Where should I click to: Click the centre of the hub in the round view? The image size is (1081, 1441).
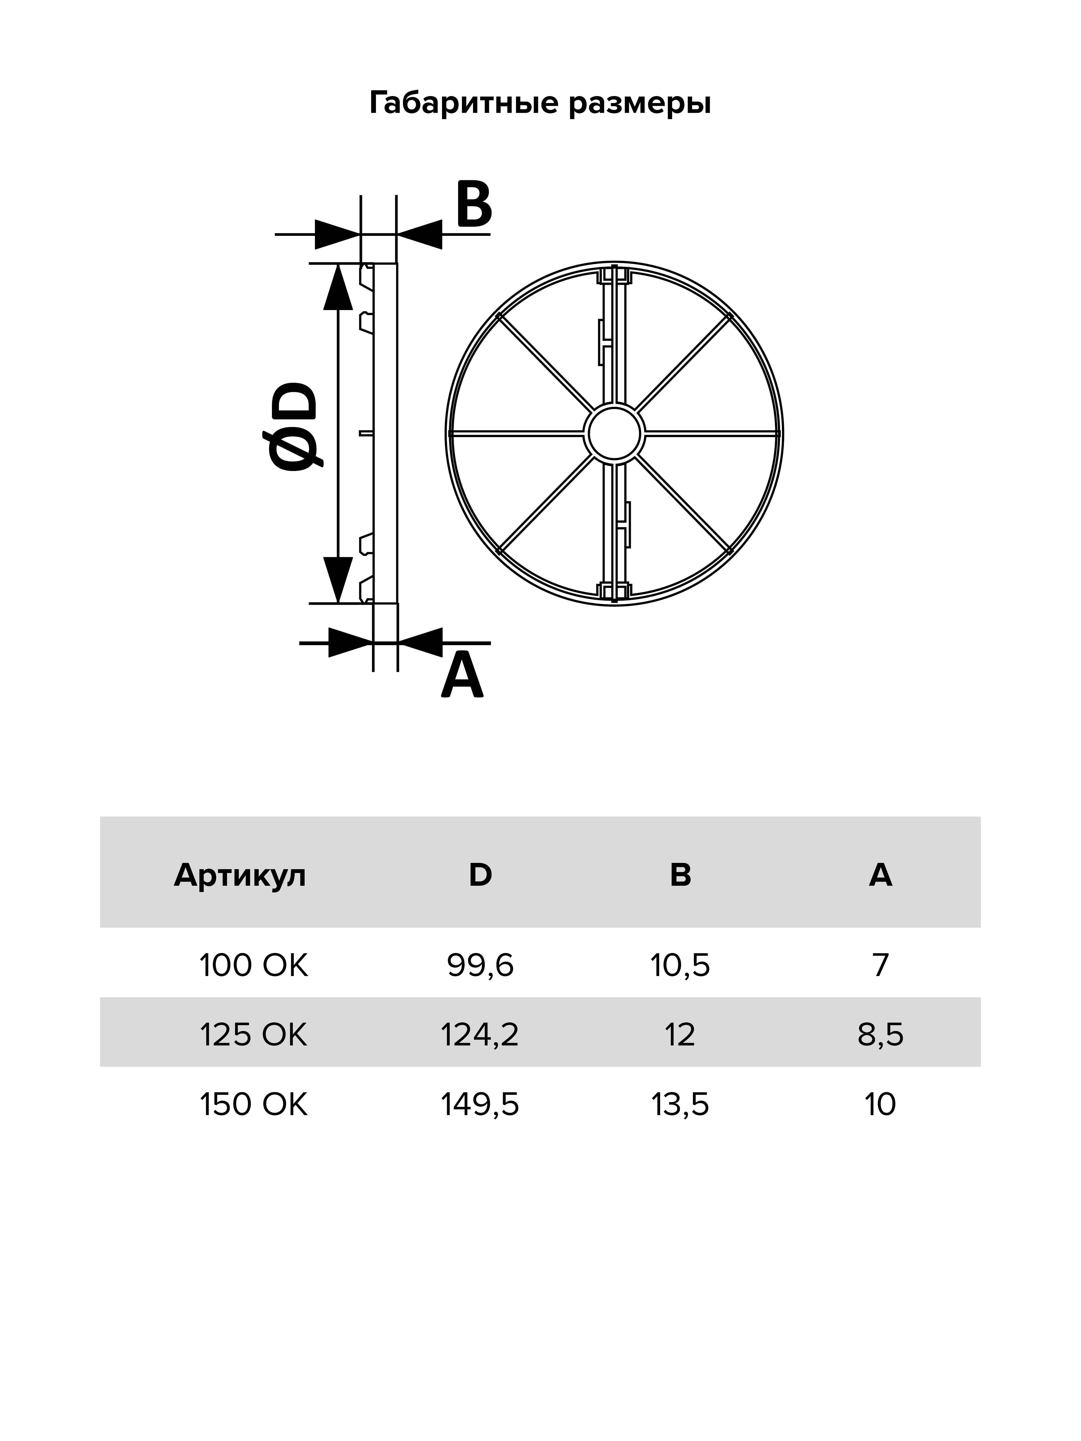[x=615, y=433]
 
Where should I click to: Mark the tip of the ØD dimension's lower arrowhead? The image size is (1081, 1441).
[x=337, y=603]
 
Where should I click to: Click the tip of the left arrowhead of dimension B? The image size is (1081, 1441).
[x=360, y=234]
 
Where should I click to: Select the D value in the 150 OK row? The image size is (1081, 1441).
[x=480, y=1105]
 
